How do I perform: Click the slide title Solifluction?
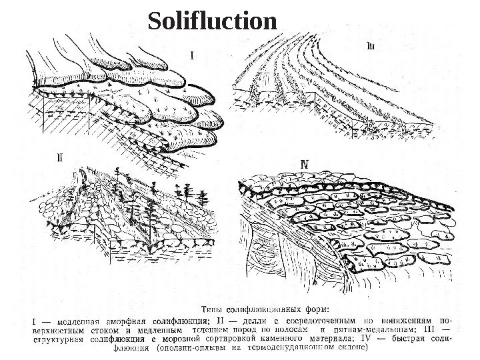211,21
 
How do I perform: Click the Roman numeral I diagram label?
193,55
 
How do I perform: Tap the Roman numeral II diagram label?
59,158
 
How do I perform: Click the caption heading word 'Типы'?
214,309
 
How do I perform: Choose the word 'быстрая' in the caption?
418,337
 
